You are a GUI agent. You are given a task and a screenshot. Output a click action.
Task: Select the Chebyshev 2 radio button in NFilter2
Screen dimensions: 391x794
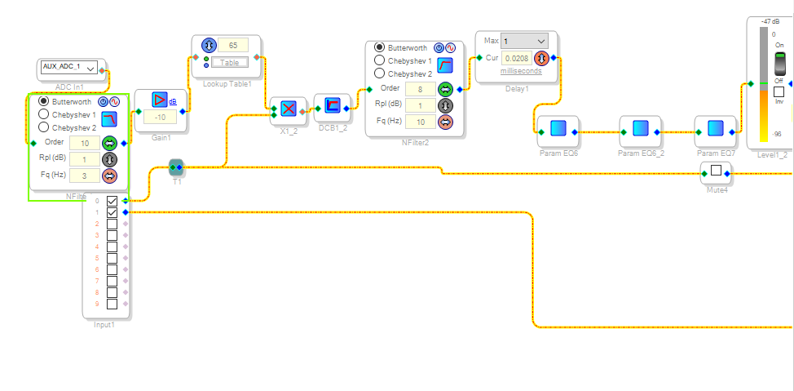coord(380,74)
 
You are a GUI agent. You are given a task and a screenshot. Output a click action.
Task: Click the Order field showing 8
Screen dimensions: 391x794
coord(420,89)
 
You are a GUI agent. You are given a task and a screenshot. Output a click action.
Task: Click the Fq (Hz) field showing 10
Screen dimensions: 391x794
coord(420,122)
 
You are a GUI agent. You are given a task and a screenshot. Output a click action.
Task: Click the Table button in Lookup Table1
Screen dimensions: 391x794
coord(230,63)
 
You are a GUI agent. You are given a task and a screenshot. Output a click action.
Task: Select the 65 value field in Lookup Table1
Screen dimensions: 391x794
coord(232,45)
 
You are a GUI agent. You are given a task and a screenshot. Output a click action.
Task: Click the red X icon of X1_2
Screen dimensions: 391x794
coord(288,109)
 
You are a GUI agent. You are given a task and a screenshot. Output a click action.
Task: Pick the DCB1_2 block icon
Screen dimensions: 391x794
coord(332,105)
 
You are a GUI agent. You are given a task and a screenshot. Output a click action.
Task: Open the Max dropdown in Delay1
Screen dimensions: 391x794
coord(524,41)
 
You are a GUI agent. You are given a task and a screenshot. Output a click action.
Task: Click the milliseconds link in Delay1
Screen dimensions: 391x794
coord(521,72)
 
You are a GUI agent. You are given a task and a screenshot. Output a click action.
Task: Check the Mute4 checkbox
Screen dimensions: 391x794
coord(716,171)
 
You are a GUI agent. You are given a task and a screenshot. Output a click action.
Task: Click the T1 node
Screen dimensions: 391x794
coord(176,167)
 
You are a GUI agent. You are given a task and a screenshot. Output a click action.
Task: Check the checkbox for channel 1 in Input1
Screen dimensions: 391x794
coord(112,212)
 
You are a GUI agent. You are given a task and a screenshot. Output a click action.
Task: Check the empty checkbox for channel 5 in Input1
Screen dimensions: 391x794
coord(112,258)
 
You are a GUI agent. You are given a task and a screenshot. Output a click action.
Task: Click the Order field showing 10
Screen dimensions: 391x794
coord(85,142)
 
